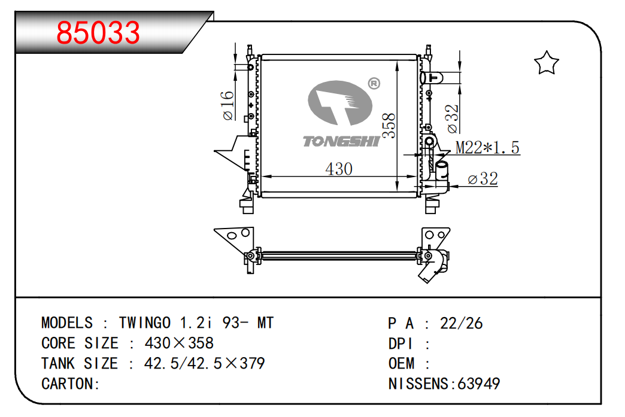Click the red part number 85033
(x=98, y=33)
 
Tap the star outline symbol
(x=546, y=63)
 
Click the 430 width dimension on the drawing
(x=339, y=169)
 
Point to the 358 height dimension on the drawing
(x=389, y=126)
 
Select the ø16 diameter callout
(x=229, y=105)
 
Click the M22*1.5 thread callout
(x=488, y=147)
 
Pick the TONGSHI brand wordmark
(x=341, y=141)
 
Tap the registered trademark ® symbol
(x=374, y=83)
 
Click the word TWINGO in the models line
(x=145, y=322)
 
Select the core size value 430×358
(x=179, y=343)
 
